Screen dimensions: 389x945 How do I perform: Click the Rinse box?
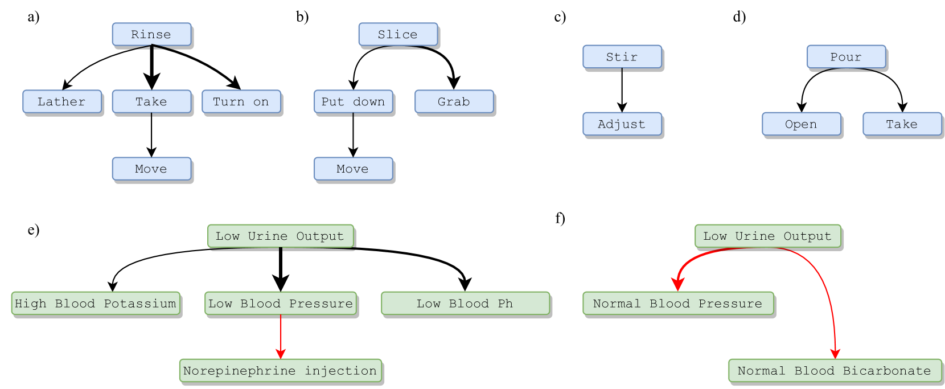[x=151, y=34]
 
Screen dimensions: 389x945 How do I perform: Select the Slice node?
[x=398, y=34]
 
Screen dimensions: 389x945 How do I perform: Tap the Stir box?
[x=622, y=57]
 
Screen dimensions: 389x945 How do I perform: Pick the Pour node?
[x=846, y=57]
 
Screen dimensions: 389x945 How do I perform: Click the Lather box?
[x=62, y=101]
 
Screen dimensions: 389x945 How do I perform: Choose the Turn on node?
[x=241, y=101]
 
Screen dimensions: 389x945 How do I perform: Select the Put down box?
[x=353, y=101]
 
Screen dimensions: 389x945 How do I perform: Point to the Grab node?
[x=454, y=101]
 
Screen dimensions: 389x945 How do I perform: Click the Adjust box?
[x=622, y=124]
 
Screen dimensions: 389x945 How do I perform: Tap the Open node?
[x=801, y=124]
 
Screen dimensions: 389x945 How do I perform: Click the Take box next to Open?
[x=902, y=124]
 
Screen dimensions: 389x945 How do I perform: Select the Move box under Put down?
[x=353, y=169]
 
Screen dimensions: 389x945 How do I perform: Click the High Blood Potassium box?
[x=96, y=303]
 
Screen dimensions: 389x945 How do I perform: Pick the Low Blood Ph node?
[x=465, y=303]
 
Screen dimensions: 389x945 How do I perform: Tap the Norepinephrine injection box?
[x=280, y=370]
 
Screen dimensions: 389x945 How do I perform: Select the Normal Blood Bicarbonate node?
[x=835, y=370]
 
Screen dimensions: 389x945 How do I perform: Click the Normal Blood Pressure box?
[x=677, y=303]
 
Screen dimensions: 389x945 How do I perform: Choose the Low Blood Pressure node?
[x=280, y=303]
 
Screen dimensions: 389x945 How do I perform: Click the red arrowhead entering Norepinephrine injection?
[x=280, y=354]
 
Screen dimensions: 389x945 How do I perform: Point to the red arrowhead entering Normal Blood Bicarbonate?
[x=835, y=354]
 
